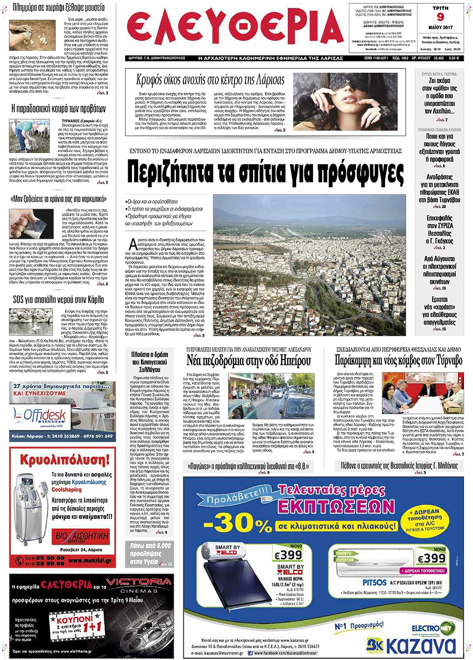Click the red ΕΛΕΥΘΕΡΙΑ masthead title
[236, 28]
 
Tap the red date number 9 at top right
[440, 17]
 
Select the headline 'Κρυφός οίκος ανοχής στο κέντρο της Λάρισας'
[210, 80]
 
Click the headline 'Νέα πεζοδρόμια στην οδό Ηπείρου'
[249, 361]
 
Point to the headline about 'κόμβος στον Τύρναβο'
[398, 361]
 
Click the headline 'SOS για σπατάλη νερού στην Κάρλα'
[58, 299]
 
